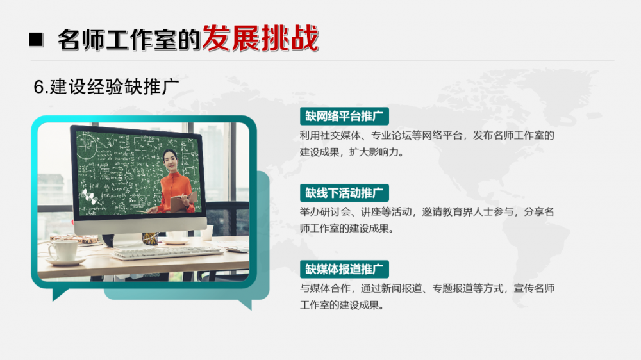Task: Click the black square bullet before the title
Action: tap(36, 40)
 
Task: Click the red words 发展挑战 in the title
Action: tap(260, 38)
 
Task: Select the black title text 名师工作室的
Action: tap(129, 40)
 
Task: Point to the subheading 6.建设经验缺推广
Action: tap(106, 86)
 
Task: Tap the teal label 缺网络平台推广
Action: tap(344, 117)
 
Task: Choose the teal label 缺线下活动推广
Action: tap(344, 193)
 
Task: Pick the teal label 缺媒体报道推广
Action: tap(344, 269)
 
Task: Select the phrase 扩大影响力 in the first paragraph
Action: tap(374, 152)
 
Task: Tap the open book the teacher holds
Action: tap(183, 202)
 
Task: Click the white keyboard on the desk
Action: tap(167, 252)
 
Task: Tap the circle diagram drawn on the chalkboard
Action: tap(87, 144)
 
